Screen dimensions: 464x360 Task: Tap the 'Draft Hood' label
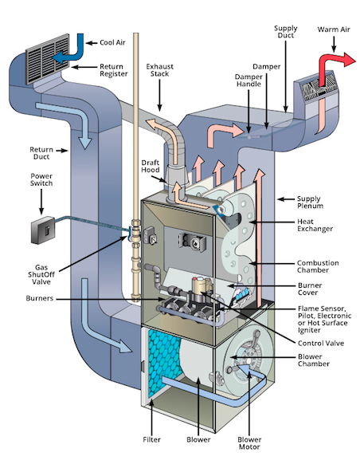(x=145, y=167)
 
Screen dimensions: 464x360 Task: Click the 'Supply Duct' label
(x=286, y=33)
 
